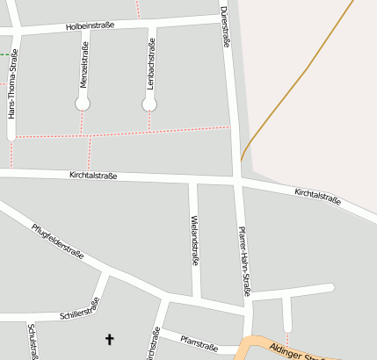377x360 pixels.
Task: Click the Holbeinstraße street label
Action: [x=91, y=27]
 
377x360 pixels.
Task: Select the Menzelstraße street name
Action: [x=83, y=65]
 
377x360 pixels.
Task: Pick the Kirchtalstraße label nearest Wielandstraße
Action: [x=93, y=176]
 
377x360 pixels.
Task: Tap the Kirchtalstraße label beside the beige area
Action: [x=317, y=196]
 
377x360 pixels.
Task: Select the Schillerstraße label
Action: [x=79, y=308]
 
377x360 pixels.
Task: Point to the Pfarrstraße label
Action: [x=197, y=338]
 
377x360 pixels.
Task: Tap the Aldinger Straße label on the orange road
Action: [x=299, y=352]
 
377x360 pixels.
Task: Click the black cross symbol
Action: [x=110, y=338]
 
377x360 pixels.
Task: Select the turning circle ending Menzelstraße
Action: [x=83, y=104]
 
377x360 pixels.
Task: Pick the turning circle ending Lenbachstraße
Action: [x=149, y=104]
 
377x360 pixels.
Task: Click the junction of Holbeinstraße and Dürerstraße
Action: [x=223, y=16]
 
